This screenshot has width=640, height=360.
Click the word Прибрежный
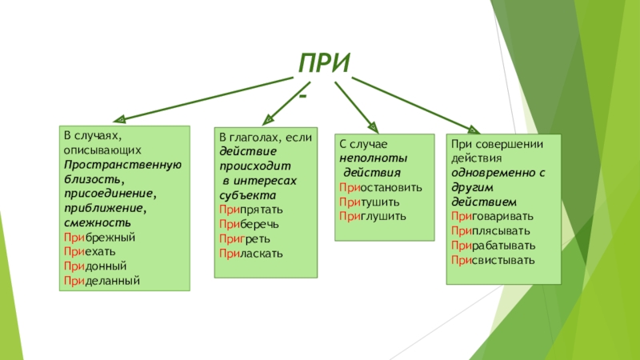[99, 238]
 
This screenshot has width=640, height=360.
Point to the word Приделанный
[102, 281]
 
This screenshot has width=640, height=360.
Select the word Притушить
[369, 202]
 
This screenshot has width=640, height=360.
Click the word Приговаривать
[492, 216]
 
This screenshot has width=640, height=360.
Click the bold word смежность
[94, 223]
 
